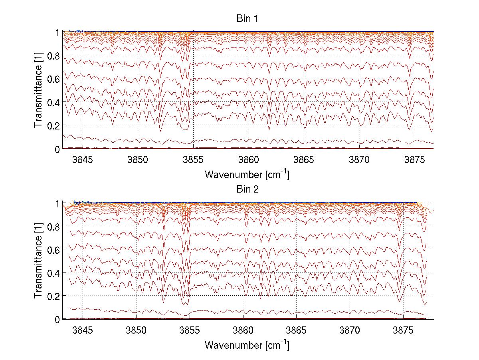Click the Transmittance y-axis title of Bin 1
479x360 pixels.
[38, 90]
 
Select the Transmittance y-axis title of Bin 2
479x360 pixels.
[38, 261]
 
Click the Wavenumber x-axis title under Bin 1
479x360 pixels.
[247, 174]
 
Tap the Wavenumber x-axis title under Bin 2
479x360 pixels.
[247, 344]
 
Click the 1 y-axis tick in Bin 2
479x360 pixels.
[57, 203]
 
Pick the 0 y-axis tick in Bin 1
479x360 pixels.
[57, 149]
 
